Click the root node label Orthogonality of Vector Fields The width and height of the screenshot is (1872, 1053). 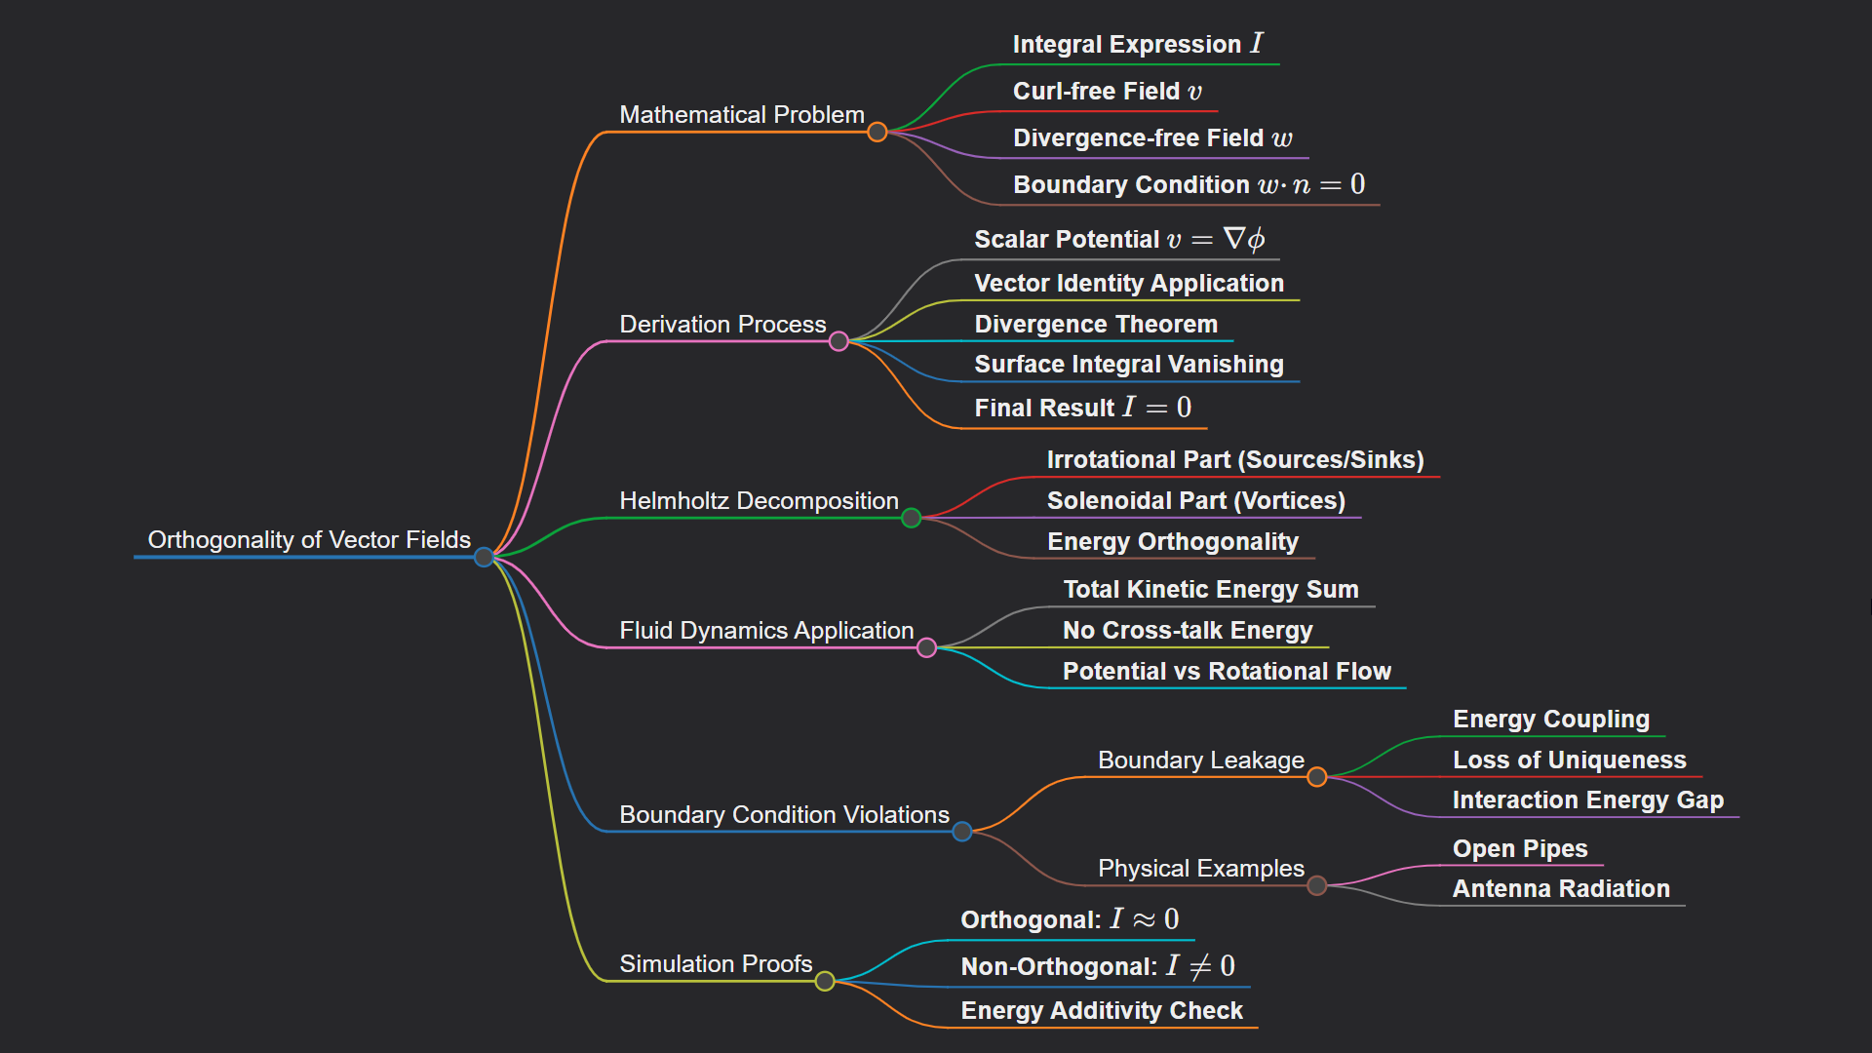(x=309, y=539)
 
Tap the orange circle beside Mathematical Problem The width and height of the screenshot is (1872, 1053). (x=877, y=132)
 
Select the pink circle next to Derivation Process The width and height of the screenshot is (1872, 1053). (x=838, y=341)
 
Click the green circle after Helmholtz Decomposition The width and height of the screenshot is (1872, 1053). (x=912, y=518)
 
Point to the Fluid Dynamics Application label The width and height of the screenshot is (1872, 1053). (x=766, y=630)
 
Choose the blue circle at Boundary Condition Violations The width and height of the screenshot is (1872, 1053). (x=962, y=832)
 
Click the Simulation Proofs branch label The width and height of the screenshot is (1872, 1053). (x=716, y=963)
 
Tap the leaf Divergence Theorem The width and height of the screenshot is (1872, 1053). (x=1096, y=324)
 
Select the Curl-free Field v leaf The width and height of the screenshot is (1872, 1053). (x=1108, y=91)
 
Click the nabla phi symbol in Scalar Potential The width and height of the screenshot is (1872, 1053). (x=1244, y=239)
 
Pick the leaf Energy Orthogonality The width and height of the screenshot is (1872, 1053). (x=1173, y=541)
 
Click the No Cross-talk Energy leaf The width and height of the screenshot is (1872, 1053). (x=1188, y=630)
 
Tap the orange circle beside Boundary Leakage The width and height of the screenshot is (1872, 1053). (x=1317, y=777)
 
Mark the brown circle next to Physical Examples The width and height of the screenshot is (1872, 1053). (x=1317, y=885)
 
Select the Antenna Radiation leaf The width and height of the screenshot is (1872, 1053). (x=1561, y=888)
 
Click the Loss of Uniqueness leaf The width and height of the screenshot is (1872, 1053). (x=1569, y=760)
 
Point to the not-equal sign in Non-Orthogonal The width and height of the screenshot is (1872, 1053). (x=1201, y=966)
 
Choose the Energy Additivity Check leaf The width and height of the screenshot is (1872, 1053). (x=1102, y=1010)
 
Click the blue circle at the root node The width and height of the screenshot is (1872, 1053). (x=484, y=557)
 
